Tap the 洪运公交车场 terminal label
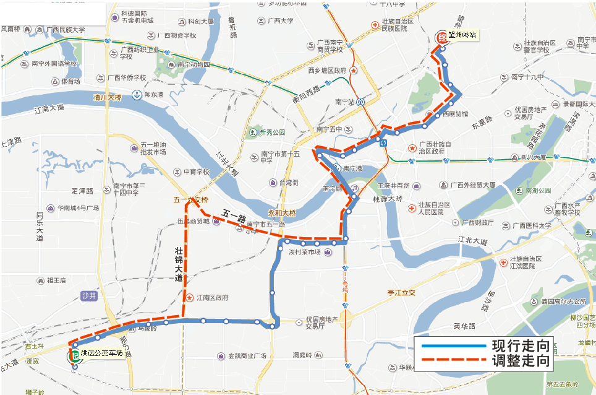click(101, 354)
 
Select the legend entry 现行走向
click(520, 345)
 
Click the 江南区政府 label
click(211, 297)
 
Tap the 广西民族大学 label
click(66, 30)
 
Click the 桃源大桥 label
click(387, 199)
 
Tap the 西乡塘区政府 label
click(327, 71)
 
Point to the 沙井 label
click(89, 297)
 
